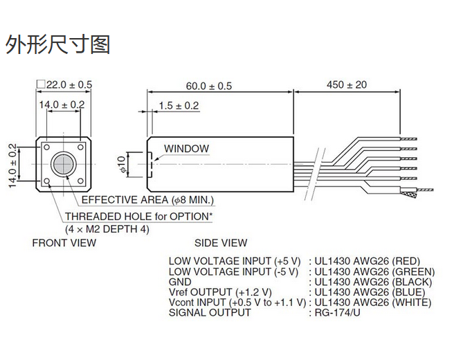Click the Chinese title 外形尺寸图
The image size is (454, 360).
pyautogui.click(x=58, y=45)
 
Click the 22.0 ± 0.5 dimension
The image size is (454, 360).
pyautogui.click(x=67, y=84)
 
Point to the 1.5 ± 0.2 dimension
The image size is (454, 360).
pyautogui.click(x=179, y=105)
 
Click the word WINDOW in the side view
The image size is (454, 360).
pyautogui.click(x=186, y=148)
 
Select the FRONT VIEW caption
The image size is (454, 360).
pyautogui.click(x=64, y=243)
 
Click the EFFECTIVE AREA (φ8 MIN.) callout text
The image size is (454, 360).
pyautogui.click(x=147, y=201)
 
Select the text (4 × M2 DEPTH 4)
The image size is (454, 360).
pyautogui.click(x=107, y=228)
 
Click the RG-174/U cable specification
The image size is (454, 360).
pyautogui.click(x=338, y=313)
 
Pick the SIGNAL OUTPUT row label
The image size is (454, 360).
pyautogui.click(x=210, y=313)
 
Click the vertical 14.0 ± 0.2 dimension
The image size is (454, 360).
pyautogui.click(x=12, y=164)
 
